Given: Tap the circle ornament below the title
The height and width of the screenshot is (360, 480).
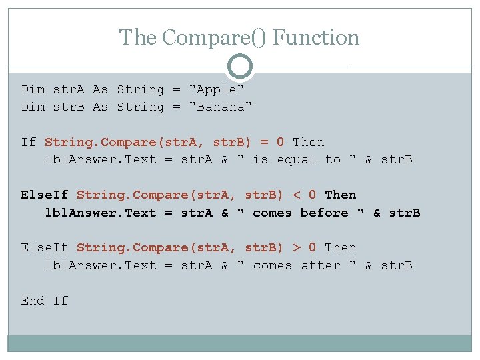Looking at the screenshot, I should pos(240,67).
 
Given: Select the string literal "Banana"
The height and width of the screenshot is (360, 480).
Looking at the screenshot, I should pos(221,107).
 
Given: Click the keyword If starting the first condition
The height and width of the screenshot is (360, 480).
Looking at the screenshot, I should pos(28,142).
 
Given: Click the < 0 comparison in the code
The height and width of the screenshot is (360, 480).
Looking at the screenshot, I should pos(304,195).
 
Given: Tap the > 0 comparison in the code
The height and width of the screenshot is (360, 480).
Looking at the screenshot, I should pos(304,247).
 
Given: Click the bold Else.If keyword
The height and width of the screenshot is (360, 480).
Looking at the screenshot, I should pos(45,195).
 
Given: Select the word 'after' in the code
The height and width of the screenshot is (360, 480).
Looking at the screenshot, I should pos(320,265).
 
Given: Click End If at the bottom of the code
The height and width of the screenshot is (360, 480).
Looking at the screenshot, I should pos(45,301).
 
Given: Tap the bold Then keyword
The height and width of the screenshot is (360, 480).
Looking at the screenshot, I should pos(340,195).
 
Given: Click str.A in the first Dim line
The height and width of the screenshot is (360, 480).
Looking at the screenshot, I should pos(69,89).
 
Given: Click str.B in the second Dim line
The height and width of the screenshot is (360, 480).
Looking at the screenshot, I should pos(69,107).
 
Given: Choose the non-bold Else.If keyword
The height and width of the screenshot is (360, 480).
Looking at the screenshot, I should pos(45,247).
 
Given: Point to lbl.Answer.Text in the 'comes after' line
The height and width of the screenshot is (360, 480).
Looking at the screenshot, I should pos(100,265).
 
